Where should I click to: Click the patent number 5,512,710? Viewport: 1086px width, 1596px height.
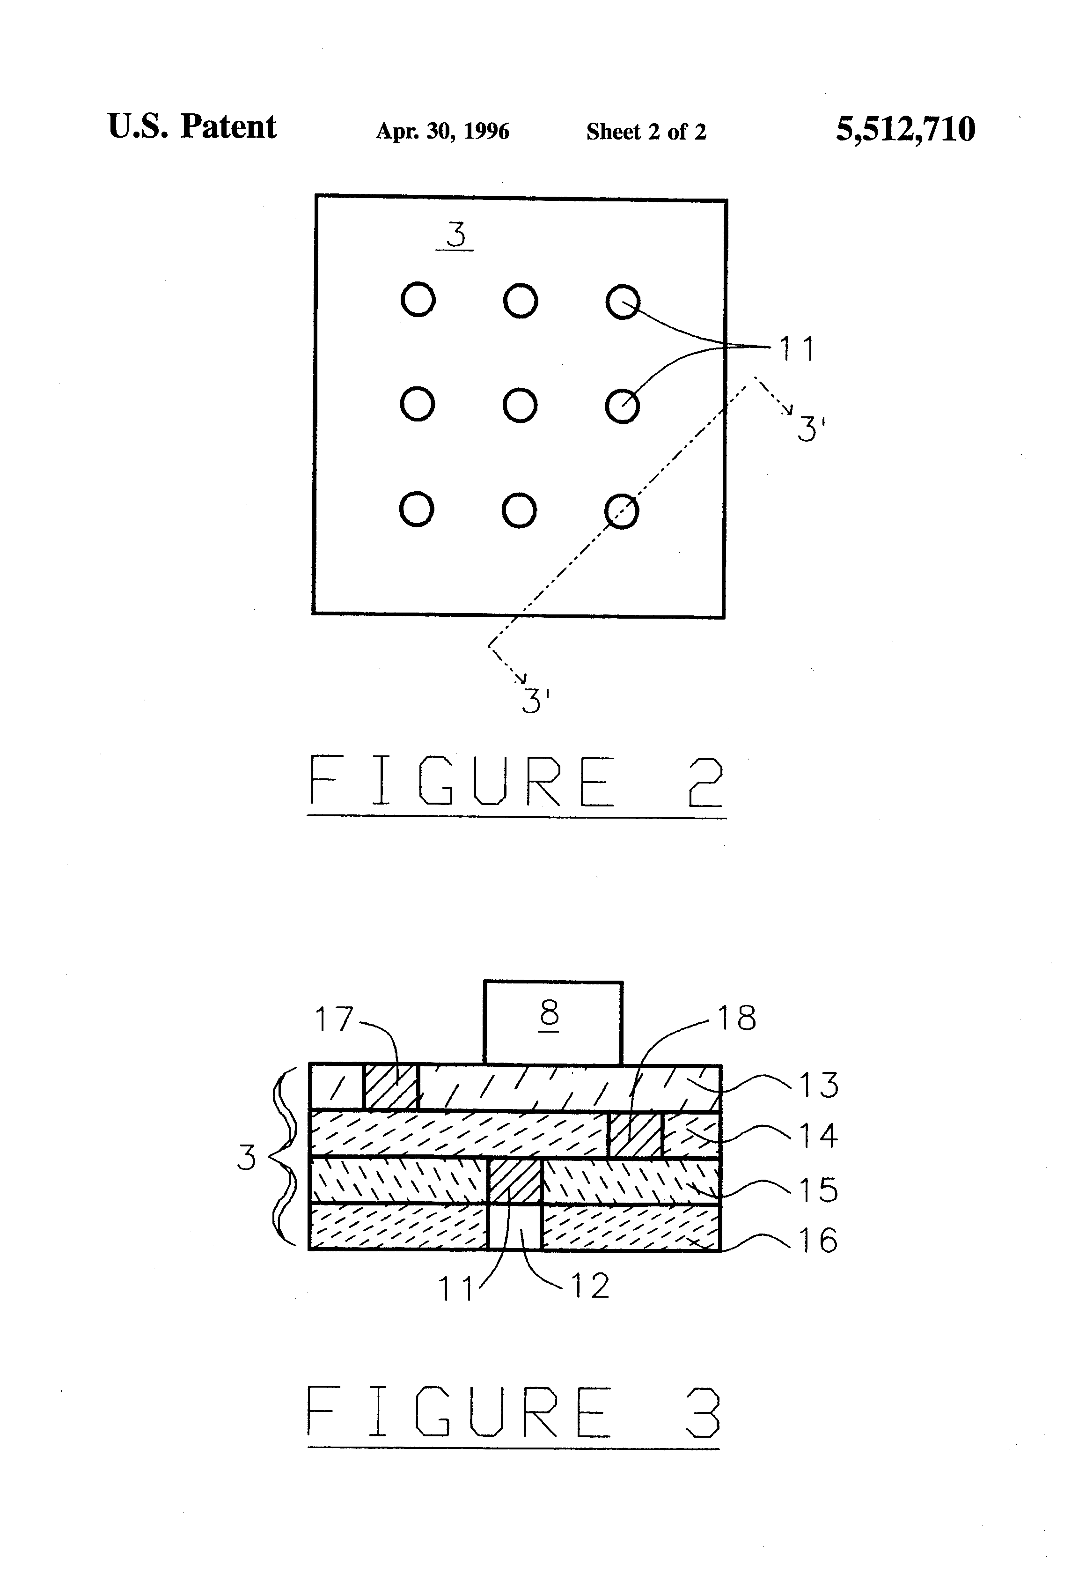pos(905,129)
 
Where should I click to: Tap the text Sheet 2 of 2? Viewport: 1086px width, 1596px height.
pos(646,131)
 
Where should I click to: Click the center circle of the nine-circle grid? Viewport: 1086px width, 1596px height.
pos(520,405)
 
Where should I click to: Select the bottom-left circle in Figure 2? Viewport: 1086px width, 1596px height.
pos(416,510)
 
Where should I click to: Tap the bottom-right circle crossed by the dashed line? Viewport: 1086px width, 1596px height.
pos(621,511)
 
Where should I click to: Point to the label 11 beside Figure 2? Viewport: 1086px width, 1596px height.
pos(796,349)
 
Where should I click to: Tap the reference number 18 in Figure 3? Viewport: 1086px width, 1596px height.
pos(737,1018)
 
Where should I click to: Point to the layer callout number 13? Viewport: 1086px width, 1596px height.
pos(818,1085)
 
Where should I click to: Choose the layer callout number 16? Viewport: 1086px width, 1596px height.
pos(818,1240)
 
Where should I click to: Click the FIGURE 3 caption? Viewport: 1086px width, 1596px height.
pos(514,1411)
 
